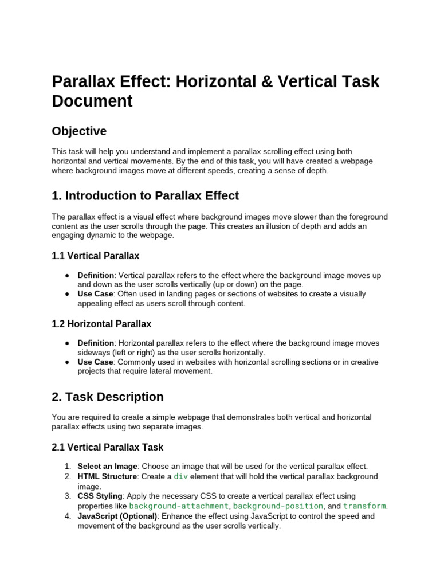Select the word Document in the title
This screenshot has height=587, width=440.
click(92, 101)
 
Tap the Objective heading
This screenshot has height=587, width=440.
click(79, 131)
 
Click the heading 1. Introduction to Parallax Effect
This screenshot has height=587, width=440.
click(145, 196)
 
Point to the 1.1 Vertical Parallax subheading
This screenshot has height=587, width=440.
click(95, 256)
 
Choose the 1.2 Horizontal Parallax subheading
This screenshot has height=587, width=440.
click(101, 324)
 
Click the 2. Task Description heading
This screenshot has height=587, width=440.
click(107, 397)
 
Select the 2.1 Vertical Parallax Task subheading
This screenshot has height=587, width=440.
click(107, 447)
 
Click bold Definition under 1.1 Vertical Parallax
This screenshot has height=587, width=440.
click(96, 276)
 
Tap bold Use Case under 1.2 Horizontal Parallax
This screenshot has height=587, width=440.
click(95, 362)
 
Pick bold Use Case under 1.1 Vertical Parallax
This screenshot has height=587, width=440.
click(95, 294)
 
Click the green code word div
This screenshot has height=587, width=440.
click(180, 477)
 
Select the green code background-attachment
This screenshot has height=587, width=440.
click(179, 506)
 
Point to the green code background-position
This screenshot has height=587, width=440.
click(278, 506)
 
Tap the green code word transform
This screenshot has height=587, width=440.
click(364, 506)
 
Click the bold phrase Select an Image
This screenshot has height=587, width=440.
click(107, 467)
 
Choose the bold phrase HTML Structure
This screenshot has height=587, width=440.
click(107, 477)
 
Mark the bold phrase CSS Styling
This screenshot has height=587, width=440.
click(100, 496)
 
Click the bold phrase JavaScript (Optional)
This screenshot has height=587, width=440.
click(117, 516)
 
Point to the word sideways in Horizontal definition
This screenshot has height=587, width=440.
click(94, 353)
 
